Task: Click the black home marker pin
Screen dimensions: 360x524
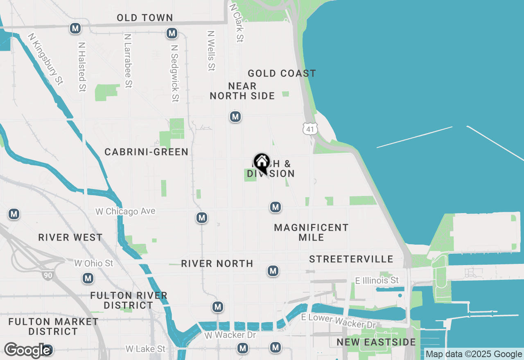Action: [262, 162]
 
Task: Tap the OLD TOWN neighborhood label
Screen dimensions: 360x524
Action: [145, 18]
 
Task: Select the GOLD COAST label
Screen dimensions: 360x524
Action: [282, 74]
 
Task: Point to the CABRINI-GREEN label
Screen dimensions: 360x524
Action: [147, 152]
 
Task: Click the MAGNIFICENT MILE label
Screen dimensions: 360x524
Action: [311, 232]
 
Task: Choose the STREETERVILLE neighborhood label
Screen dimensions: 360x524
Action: [351, 259]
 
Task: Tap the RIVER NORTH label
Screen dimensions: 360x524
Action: [217, 264]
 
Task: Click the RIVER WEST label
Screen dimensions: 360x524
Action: [70, 238]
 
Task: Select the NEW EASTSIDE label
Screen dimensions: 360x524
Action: [376, 342]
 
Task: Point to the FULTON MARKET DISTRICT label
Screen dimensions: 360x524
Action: [53, 326]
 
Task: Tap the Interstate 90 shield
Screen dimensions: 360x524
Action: [48, 275]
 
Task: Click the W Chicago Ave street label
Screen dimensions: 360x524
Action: [125, 211]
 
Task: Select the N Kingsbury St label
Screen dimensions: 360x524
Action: [46, 59]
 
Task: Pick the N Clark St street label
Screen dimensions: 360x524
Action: [237, 23]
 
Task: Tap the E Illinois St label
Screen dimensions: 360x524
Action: [377, 281]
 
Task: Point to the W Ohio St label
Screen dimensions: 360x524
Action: [93, 263]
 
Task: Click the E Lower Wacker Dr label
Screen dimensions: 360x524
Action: [338, 321]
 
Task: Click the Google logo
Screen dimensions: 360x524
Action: [27, 350]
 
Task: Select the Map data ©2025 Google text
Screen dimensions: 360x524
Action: [474, 354]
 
